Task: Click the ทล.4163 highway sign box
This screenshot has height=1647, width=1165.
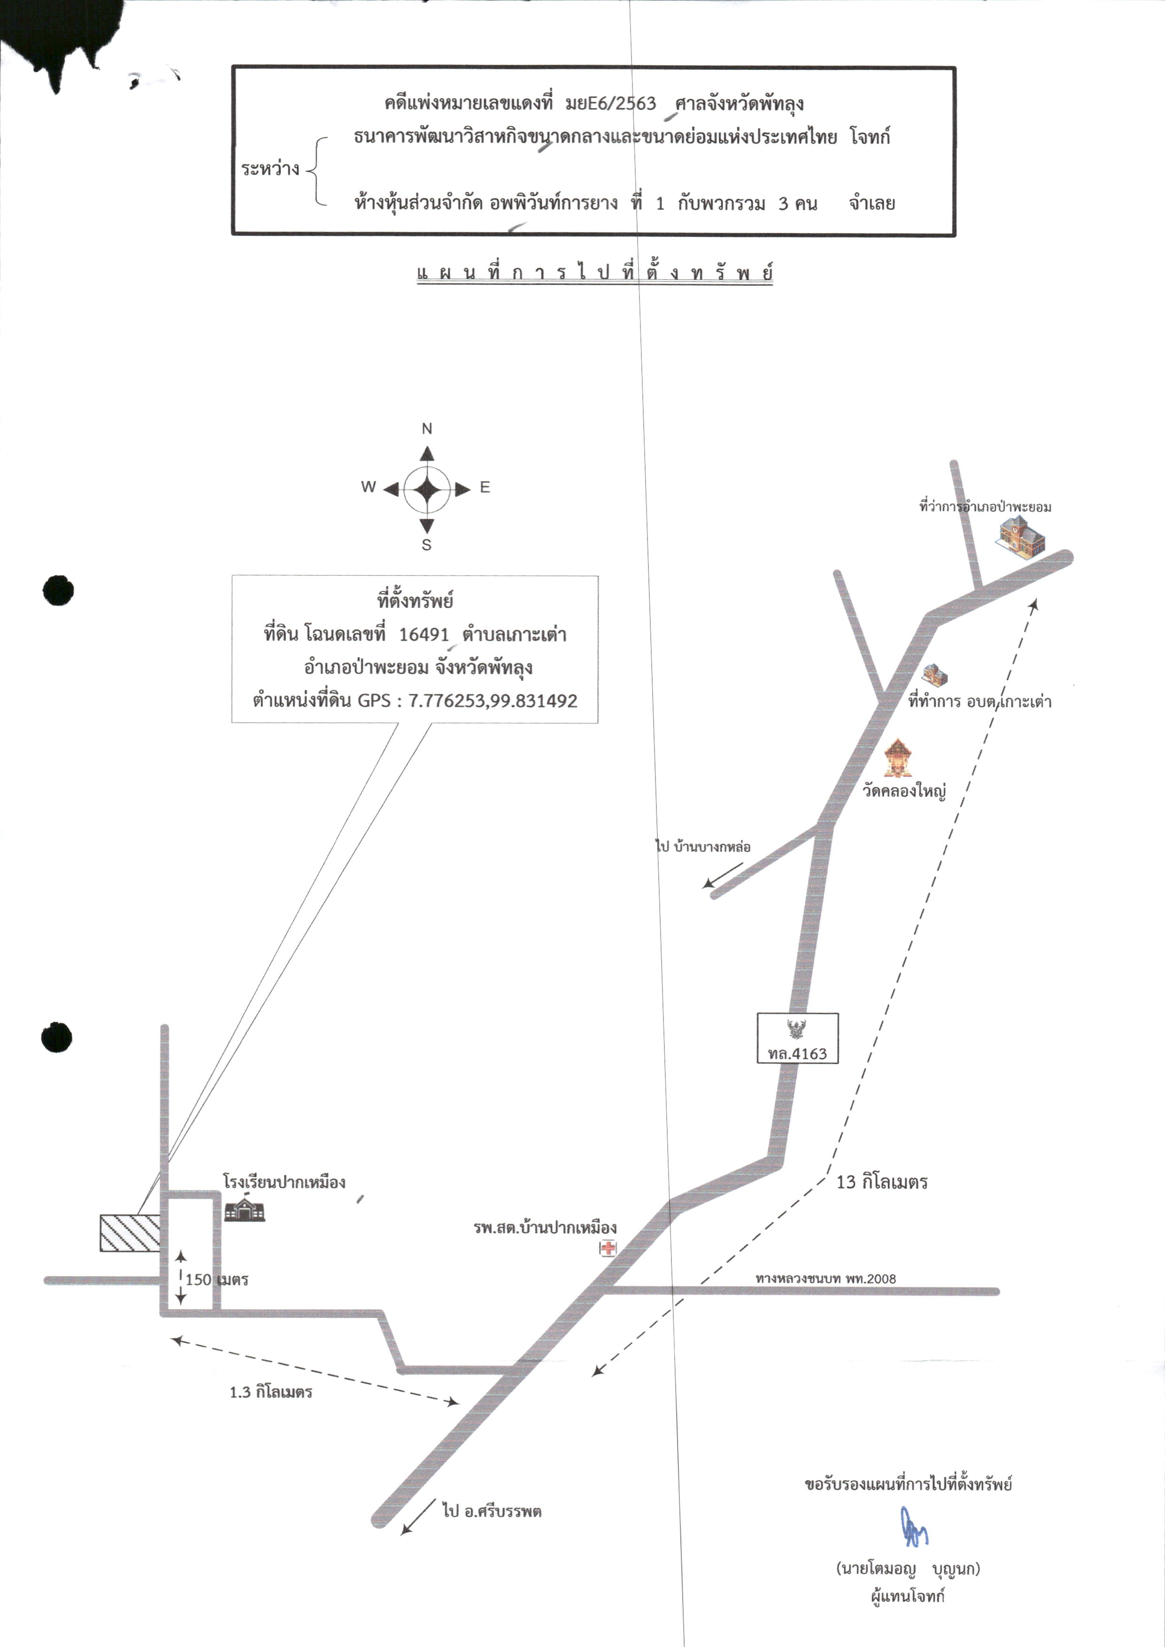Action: (797, 1037)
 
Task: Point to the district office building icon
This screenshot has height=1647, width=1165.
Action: (1021, 536)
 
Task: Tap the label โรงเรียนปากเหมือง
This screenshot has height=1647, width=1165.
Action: (284, 1181)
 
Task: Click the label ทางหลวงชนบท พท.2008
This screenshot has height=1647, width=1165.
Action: (826, 1278)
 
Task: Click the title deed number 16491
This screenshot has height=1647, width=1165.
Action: (424, 635)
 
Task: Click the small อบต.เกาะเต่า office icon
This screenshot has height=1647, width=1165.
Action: (934, 674)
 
